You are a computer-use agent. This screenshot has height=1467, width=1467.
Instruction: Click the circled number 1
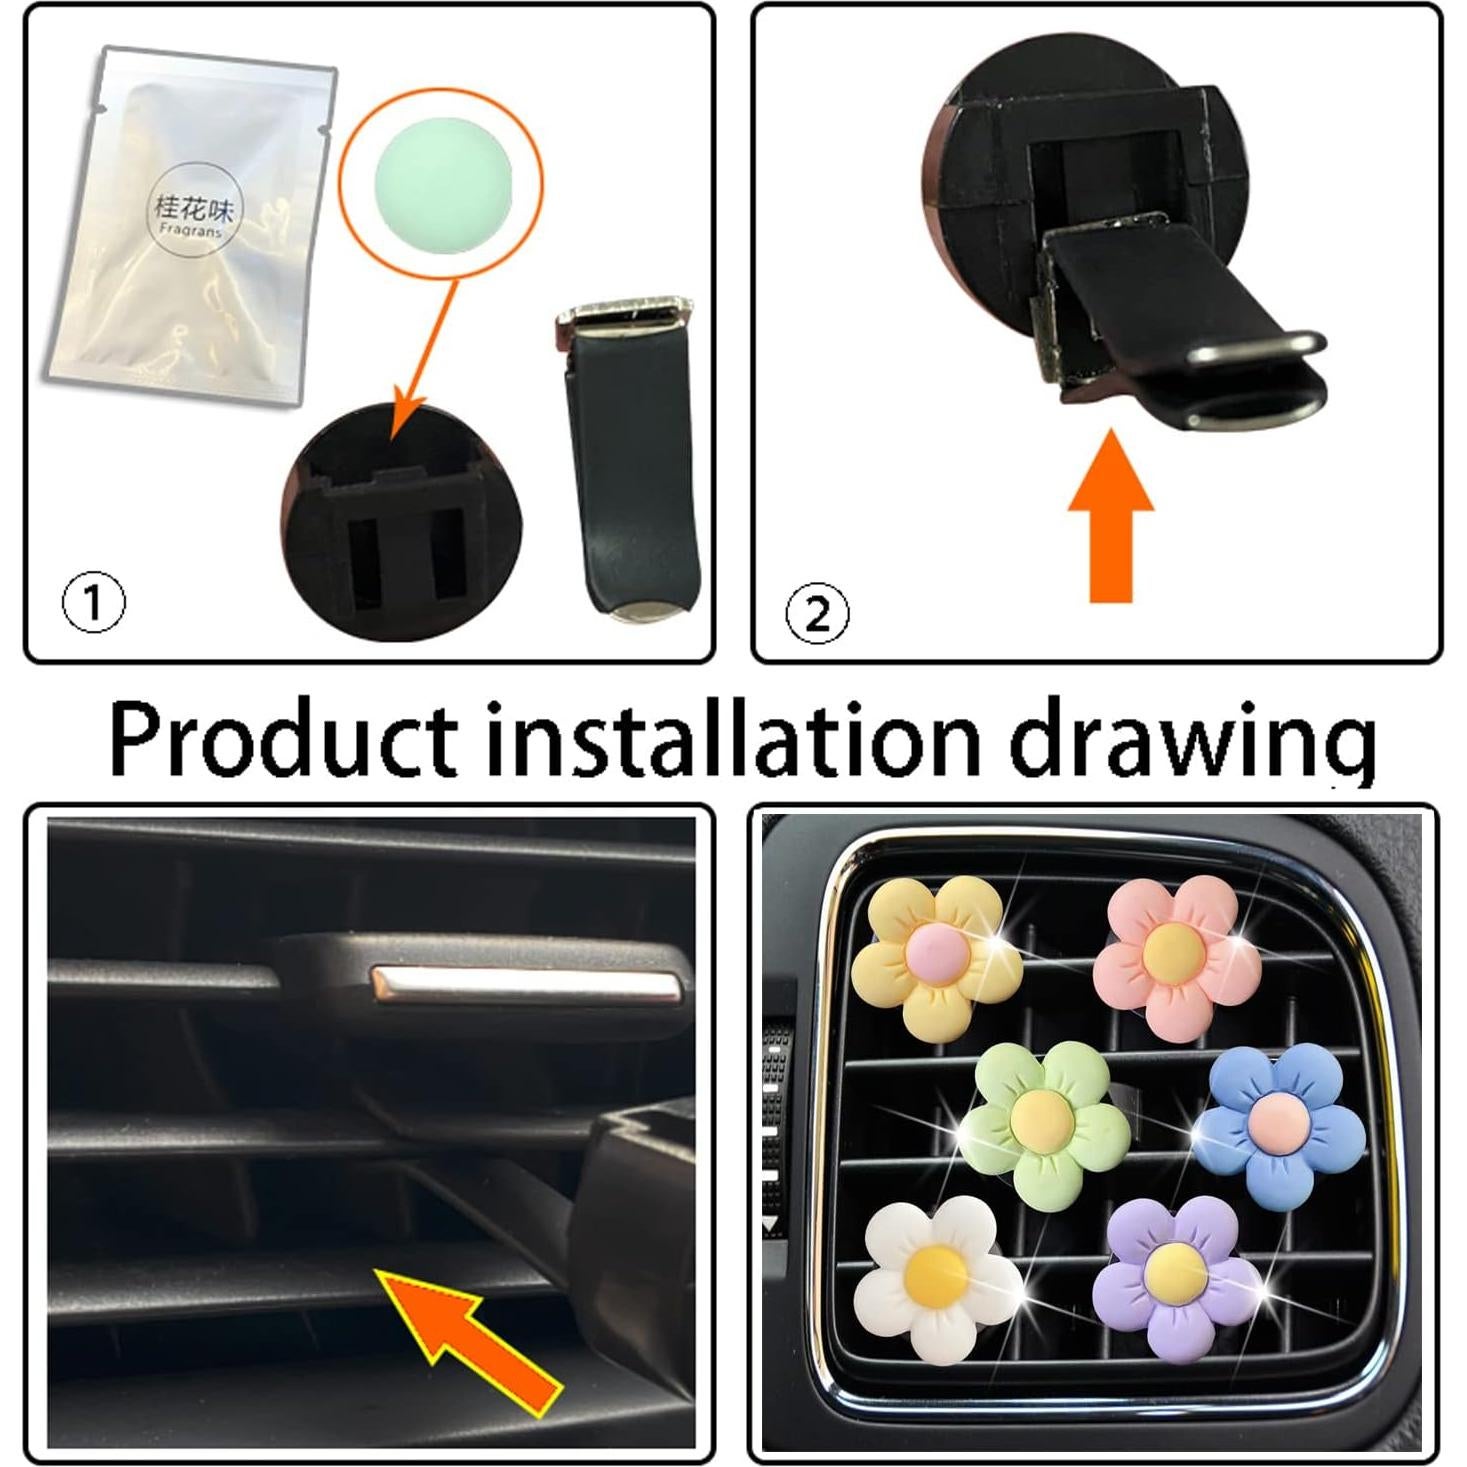pos(94,603)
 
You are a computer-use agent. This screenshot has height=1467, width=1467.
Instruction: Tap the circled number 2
pos(817,614)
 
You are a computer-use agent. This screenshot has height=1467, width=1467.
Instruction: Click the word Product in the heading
pos(285,738)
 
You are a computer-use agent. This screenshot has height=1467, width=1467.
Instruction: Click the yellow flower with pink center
pos(935,957)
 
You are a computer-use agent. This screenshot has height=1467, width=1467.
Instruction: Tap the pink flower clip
pos(1176,955)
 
